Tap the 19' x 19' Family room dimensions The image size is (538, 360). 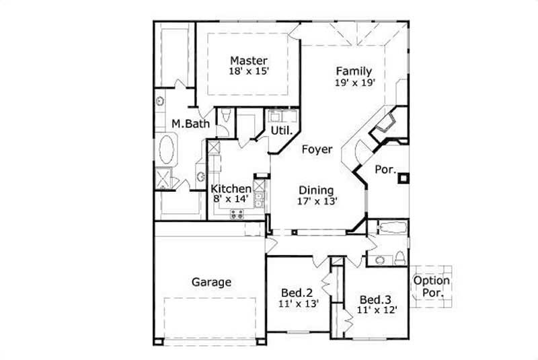[354, 83]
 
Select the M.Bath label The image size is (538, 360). [190, 124]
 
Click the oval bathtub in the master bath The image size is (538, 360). [167, 149]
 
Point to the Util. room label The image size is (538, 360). [280, 130]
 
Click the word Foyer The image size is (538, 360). [316, 149]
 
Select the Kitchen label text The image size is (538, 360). [231, 189]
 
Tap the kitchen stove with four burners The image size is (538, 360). [237, 214]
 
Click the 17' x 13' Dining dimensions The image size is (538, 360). [317, 201]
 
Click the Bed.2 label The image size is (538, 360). [297, 292]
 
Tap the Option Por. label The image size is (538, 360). [432, 287]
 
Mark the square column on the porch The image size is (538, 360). [403, 178]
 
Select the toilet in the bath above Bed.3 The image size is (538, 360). [399, 258]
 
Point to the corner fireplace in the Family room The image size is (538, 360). [387, 123]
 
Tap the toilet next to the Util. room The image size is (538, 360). [227, 116]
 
